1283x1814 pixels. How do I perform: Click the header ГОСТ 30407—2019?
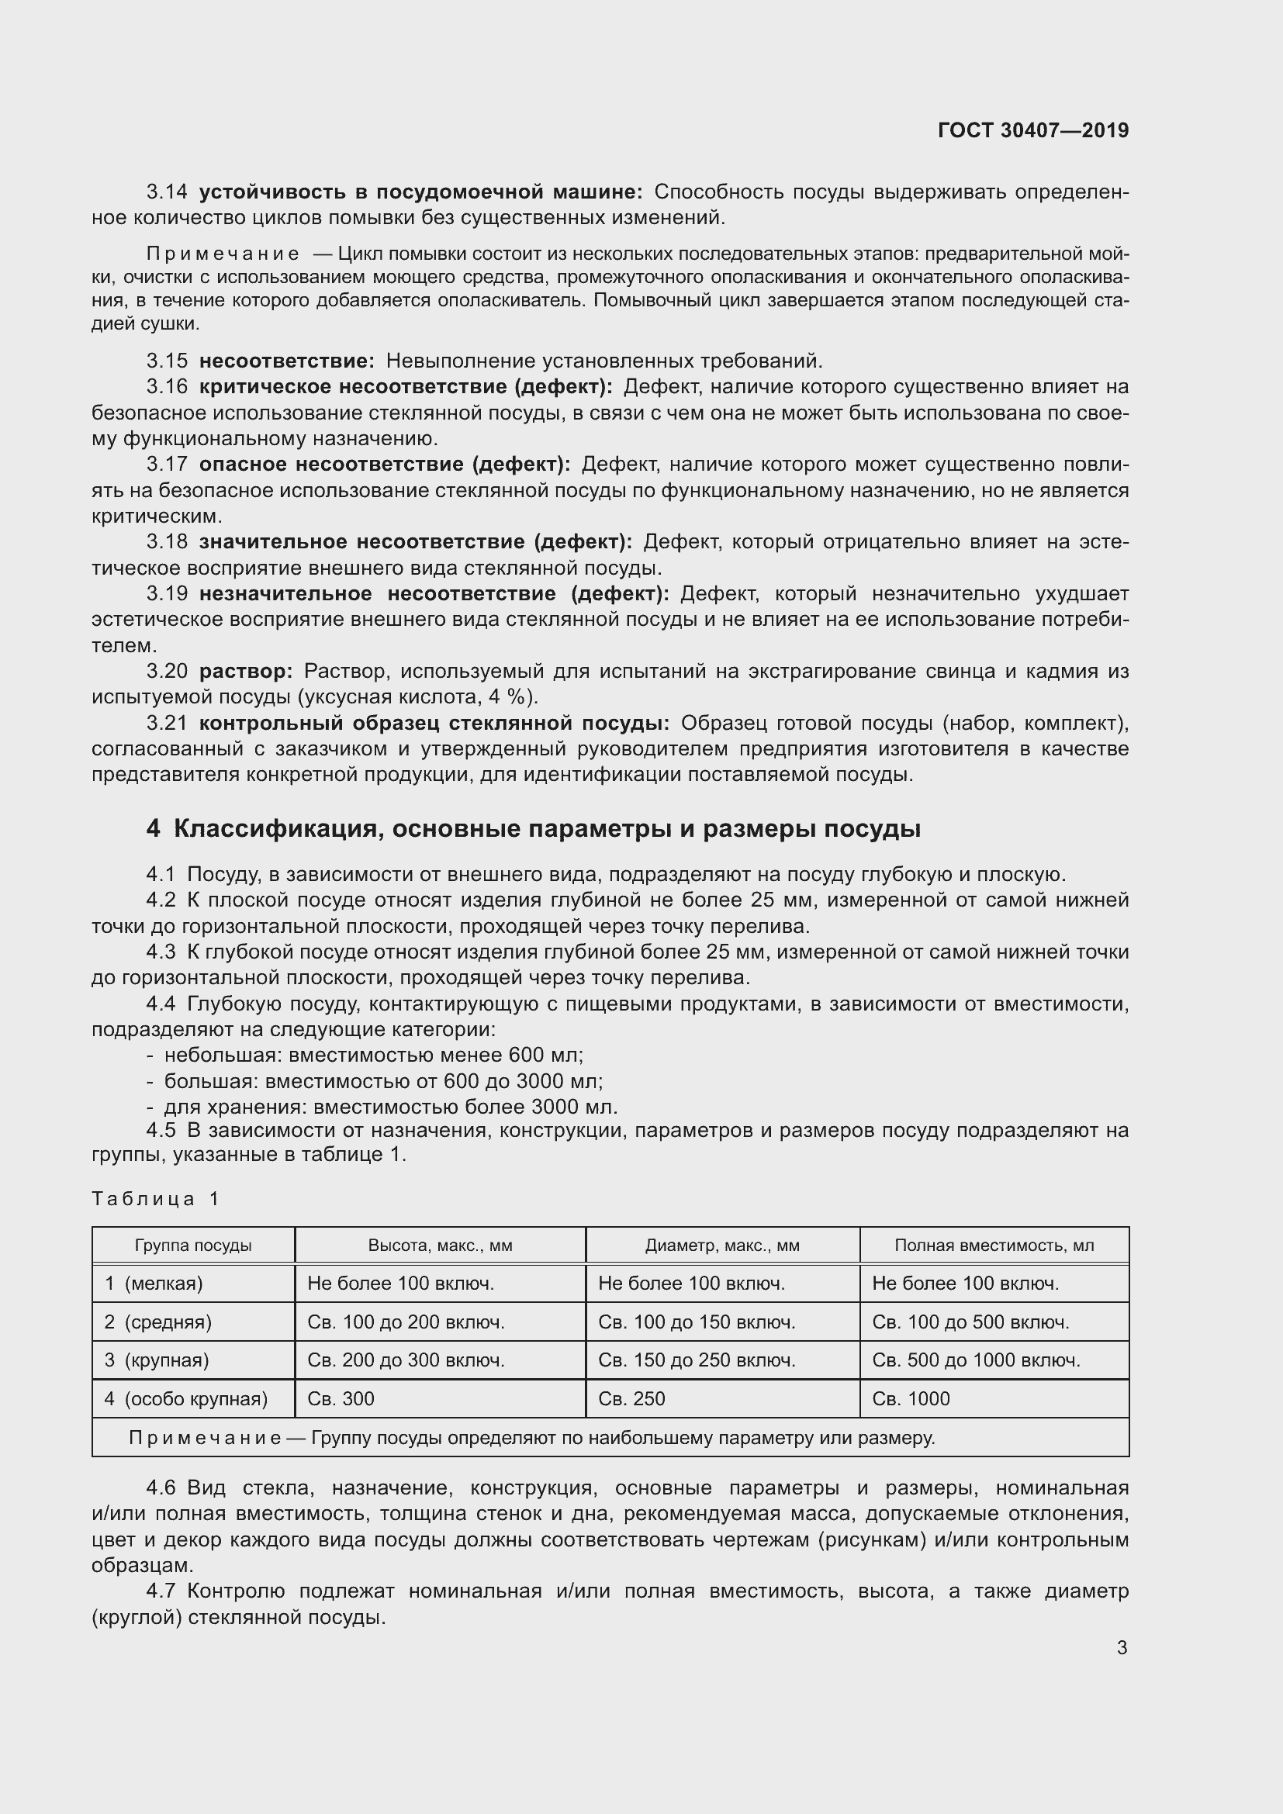(1032, 130)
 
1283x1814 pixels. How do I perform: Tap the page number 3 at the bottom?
(1122, 1647)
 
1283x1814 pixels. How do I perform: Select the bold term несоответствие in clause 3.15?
(286, 361)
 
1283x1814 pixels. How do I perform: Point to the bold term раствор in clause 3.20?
(246, 672)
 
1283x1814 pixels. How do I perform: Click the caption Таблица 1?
(155, 1198)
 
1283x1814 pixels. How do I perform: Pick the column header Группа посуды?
(193, 1246)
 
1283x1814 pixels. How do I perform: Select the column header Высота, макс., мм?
(440, 1246)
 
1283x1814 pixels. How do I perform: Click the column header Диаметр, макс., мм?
(722, 1246)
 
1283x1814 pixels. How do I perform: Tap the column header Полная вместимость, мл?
(994, 1246)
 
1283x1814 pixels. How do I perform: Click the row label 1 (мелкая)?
(154, 1284)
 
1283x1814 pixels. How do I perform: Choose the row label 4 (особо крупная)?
(185, 1399)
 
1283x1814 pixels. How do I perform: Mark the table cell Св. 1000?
(910, 1399)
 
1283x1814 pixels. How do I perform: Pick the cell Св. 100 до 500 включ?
(970, 1322)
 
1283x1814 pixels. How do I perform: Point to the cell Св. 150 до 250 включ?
(696, 1360)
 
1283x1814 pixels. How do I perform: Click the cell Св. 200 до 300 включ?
(405, 1360)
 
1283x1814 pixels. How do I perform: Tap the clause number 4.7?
(161, 1591)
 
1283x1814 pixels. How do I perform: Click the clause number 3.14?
(167, 192)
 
